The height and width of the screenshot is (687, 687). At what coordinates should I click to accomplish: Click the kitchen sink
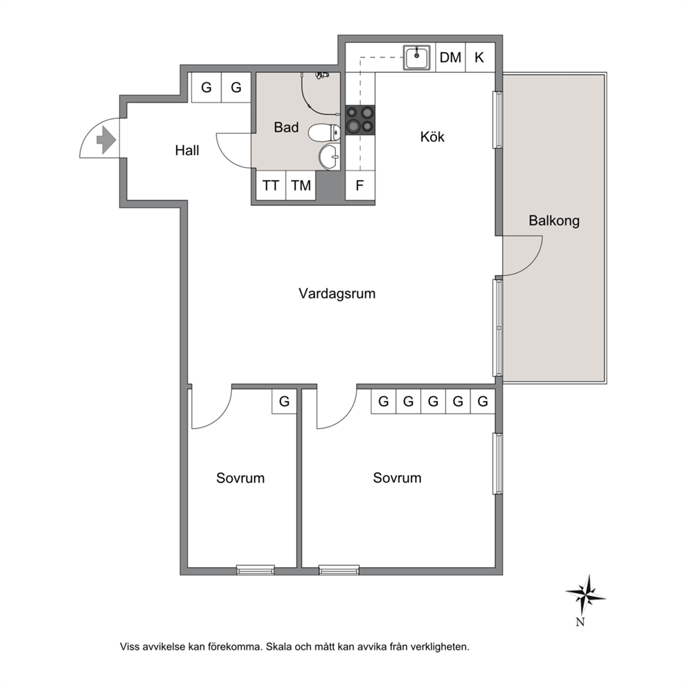417,57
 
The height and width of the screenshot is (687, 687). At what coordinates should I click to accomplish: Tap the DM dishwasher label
450,57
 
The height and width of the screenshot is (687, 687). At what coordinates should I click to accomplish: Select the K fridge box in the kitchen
480,57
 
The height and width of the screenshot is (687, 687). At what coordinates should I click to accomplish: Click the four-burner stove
360,120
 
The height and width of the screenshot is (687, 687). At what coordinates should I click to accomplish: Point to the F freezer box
360,186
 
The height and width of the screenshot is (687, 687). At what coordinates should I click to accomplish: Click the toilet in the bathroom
324,132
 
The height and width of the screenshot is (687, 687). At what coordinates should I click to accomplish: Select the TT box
271,186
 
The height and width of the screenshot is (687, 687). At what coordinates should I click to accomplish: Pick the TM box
301,186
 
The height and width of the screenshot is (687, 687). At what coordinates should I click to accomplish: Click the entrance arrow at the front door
105,140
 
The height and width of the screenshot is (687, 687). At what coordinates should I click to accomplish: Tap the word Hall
187,150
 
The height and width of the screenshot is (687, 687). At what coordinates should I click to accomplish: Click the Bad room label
286,127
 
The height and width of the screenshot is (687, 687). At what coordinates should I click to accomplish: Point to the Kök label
432,136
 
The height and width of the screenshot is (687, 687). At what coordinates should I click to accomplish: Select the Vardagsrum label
337,293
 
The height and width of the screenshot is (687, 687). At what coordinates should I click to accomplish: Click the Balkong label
554,220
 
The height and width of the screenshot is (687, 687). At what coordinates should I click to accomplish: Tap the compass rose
585,595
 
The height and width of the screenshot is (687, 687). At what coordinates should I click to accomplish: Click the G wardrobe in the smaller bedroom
285,401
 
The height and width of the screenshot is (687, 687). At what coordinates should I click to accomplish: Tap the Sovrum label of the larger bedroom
397,478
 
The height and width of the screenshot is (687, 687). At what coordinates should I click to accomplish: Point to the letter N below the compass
580,622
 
